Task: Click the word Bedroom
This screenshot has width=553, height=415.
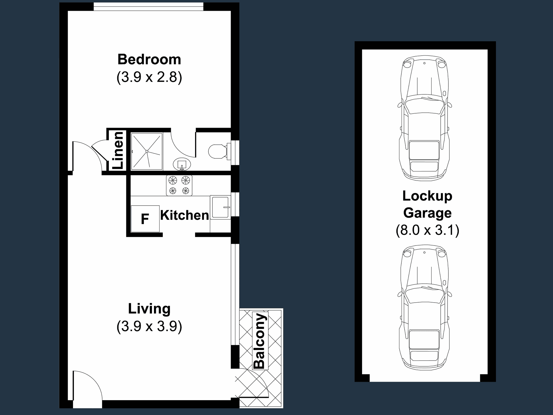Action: (x=149, y=59)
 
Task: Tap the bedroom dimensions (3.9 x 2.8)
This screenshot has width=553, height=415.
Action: (x=149, y=77)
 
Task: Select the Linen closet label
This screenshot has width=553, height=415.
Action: (x=118, y=150)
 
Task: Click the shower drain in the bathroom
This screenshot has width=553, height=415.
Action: (x=147, y=151)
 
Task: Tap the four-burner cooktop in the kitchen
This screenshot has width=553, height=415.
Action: (x=179, y=185)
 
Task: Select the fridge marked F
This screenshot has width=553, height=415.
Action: (x=145, y=218)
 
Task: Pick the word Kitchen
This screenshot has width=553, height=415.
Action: (x=185, y=216)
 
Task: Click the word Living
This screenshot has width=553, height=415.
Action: (x=149, y=309)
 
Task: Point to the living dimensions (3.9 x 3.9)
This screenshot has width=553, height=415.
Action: (x=149, y=326)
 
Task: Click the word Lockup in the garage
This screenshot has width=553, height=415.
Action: (x=427, y=196)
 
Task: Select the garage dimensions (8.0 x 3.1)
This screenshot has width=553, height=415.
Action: (x=427, y=230)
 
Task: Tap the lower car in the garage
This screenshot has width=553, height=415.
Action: (x=425, y=308)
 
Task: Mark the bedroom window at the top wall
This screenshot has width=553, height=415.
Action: (x=148, y=6)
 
